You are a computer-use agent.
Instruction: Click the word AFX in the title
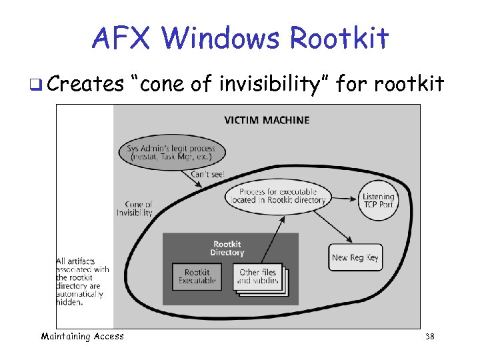[121, 38]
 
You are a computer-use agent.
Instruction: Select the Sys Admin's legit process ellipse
[172, 152]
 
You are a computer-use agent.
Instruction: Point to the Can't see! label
[207, 174]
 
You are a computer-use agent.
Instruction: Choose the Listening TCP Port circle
[379, 200]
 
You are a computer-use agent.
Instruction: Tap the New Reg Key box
[356, 257]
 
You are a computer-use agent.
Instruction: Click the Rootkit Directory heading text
[227, 248]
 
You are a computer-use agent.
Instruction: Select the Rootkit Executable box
[197, 277]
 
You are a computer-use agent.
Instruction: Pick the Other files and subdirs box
[259, 277]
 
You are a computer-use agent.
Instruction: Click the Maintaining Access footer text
[82, 336]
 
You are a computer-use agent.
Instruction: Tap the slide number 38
[429, 337]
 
